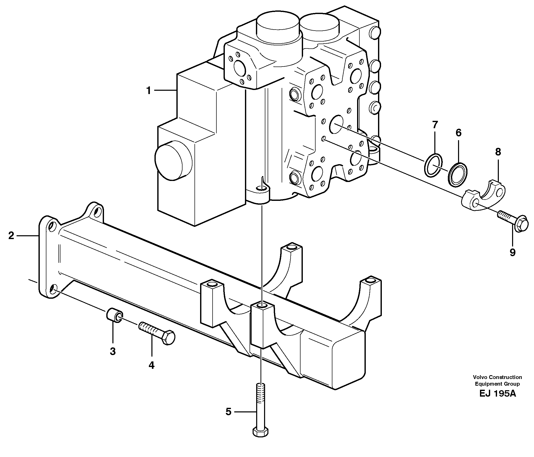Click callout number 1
point(148,91)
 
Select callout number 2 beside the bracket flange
point(11,235)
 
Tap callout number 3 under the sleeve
point(113,351)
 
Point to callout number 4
point(152,365)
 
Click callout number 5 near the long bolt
point(228,412)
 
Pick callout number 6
point(458,133)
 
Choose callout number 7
point(435,125)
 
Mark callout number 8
point(498,152)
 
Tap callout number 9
point(513,252)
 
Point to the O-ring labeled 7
point(433,169)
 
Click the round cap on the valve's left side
point(173,160)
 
